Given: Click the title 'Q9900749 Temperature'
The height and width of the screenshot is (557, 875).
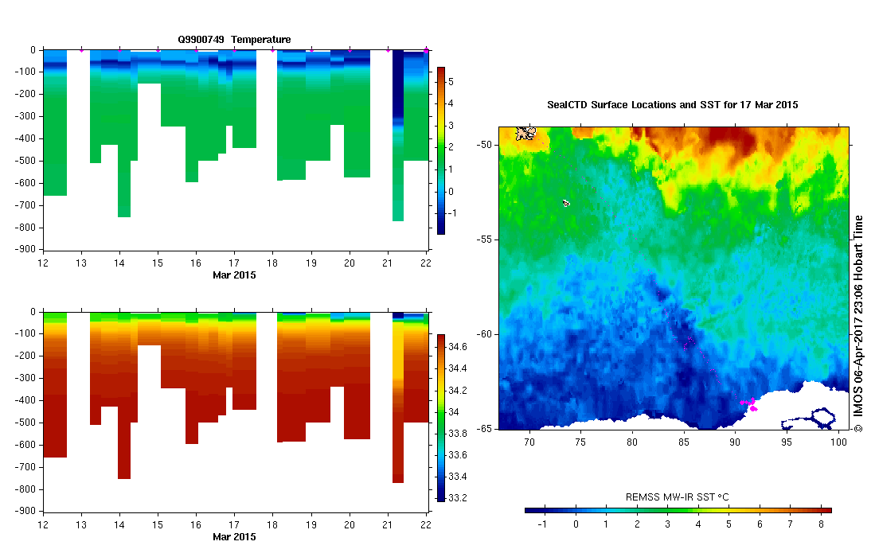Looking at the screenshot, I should (x=234, y=39).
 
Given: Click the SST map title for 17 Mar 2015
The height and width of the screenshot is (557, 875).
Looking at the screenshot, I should (x=673, y=104).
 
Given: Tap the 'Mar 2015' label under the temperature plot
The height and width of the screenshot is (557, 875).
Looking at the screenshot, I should (x=234, y=275).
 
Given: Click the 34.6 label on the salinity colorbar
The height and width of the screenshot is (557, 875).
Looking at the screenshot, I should (x=457, y=347).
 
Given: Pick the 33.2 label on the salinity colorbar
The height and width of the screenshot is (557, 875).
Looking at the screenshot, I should (x=457, y=498).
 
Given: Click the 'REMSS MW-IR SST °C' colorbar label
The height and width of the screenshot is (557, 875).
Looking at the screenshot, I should (x=678, y=497).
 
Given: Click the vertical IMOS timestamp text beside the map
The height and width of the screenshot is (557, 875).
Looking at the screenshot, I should (x=858, y=322).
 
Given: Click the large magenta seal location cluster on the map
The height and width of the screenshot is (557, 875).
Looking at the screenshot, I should (x=749, y=403).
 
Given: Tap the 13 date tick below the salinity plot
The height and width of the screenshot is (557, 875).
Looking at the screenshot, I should (x=80, y=524).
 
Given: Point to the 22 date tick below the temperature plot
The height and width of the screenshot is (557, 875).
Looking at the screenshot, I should (x=426, y=263).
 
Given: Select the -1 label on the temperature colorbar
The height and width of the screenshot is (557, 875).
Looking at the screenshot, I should (x=453, y=213).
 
